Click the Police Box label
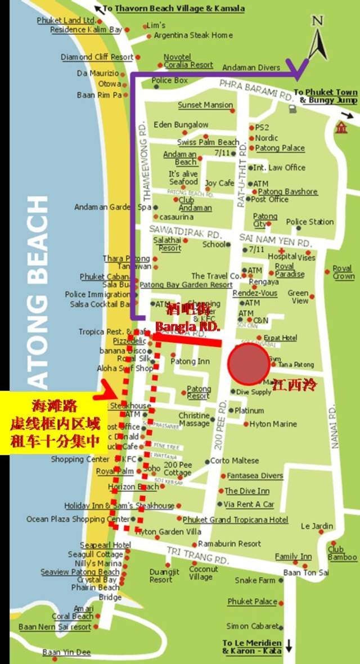pyautogui.click(x=169, y=80)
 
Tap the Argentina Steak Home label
pyautogui.click(x=193, y=35)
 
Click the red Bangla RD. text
pyautogui.click(x=179, y=326)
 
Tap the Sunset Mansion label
pyautogui.click(x=205, y=105)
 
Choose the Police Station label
pyautogui.click(x=309, y=222)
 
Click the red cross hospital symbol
pyautogui.click(x=281, y=250)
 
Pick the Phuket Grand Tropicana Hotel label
pyautogui.click(x=235, y=519)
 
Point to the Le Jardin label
pyautogui.click(x=317, y=526)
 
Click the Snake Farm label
pyautogui.click(x=255, y=580)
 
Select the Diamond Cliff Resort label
pyautogui.click(x=97, y=57)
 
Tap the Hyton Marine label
pyautogui.click(x=273, y=424)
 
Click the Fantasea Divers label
pyautogui.click(x=255, y=475)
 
